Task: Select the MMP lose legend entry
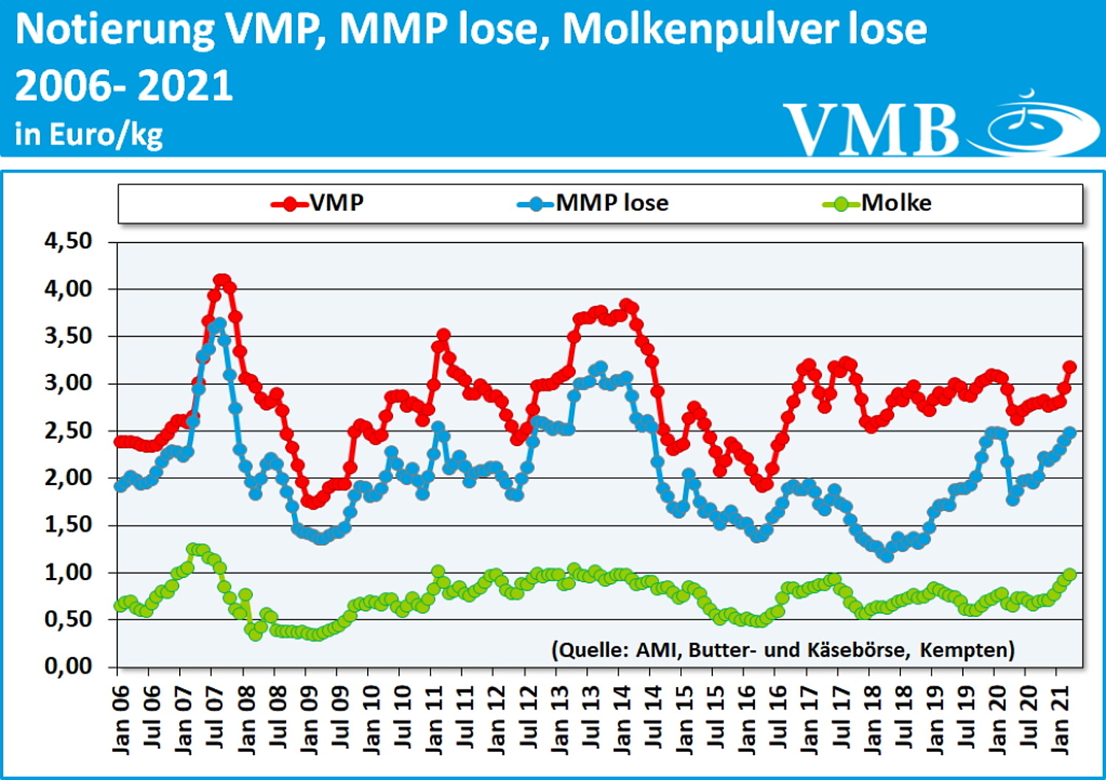594,203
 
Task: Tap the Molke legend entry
877,203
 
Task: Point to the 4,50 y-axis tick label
69,241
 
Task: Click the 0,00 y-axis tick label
69,666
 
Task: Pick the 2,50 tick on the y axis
69,431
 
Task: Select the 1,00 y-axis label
69,572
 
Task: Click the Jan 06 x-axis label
120,719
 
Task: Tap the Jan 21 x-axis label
1060,719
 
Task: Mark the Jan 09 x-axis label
308,719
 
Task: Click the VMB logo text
870,130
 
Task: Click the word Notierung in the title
115,29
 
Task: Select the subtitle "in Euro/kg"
88,134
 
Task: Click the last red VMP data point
1069,367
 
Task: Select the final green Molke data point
1070,574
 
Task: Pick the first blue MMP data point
120,486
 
